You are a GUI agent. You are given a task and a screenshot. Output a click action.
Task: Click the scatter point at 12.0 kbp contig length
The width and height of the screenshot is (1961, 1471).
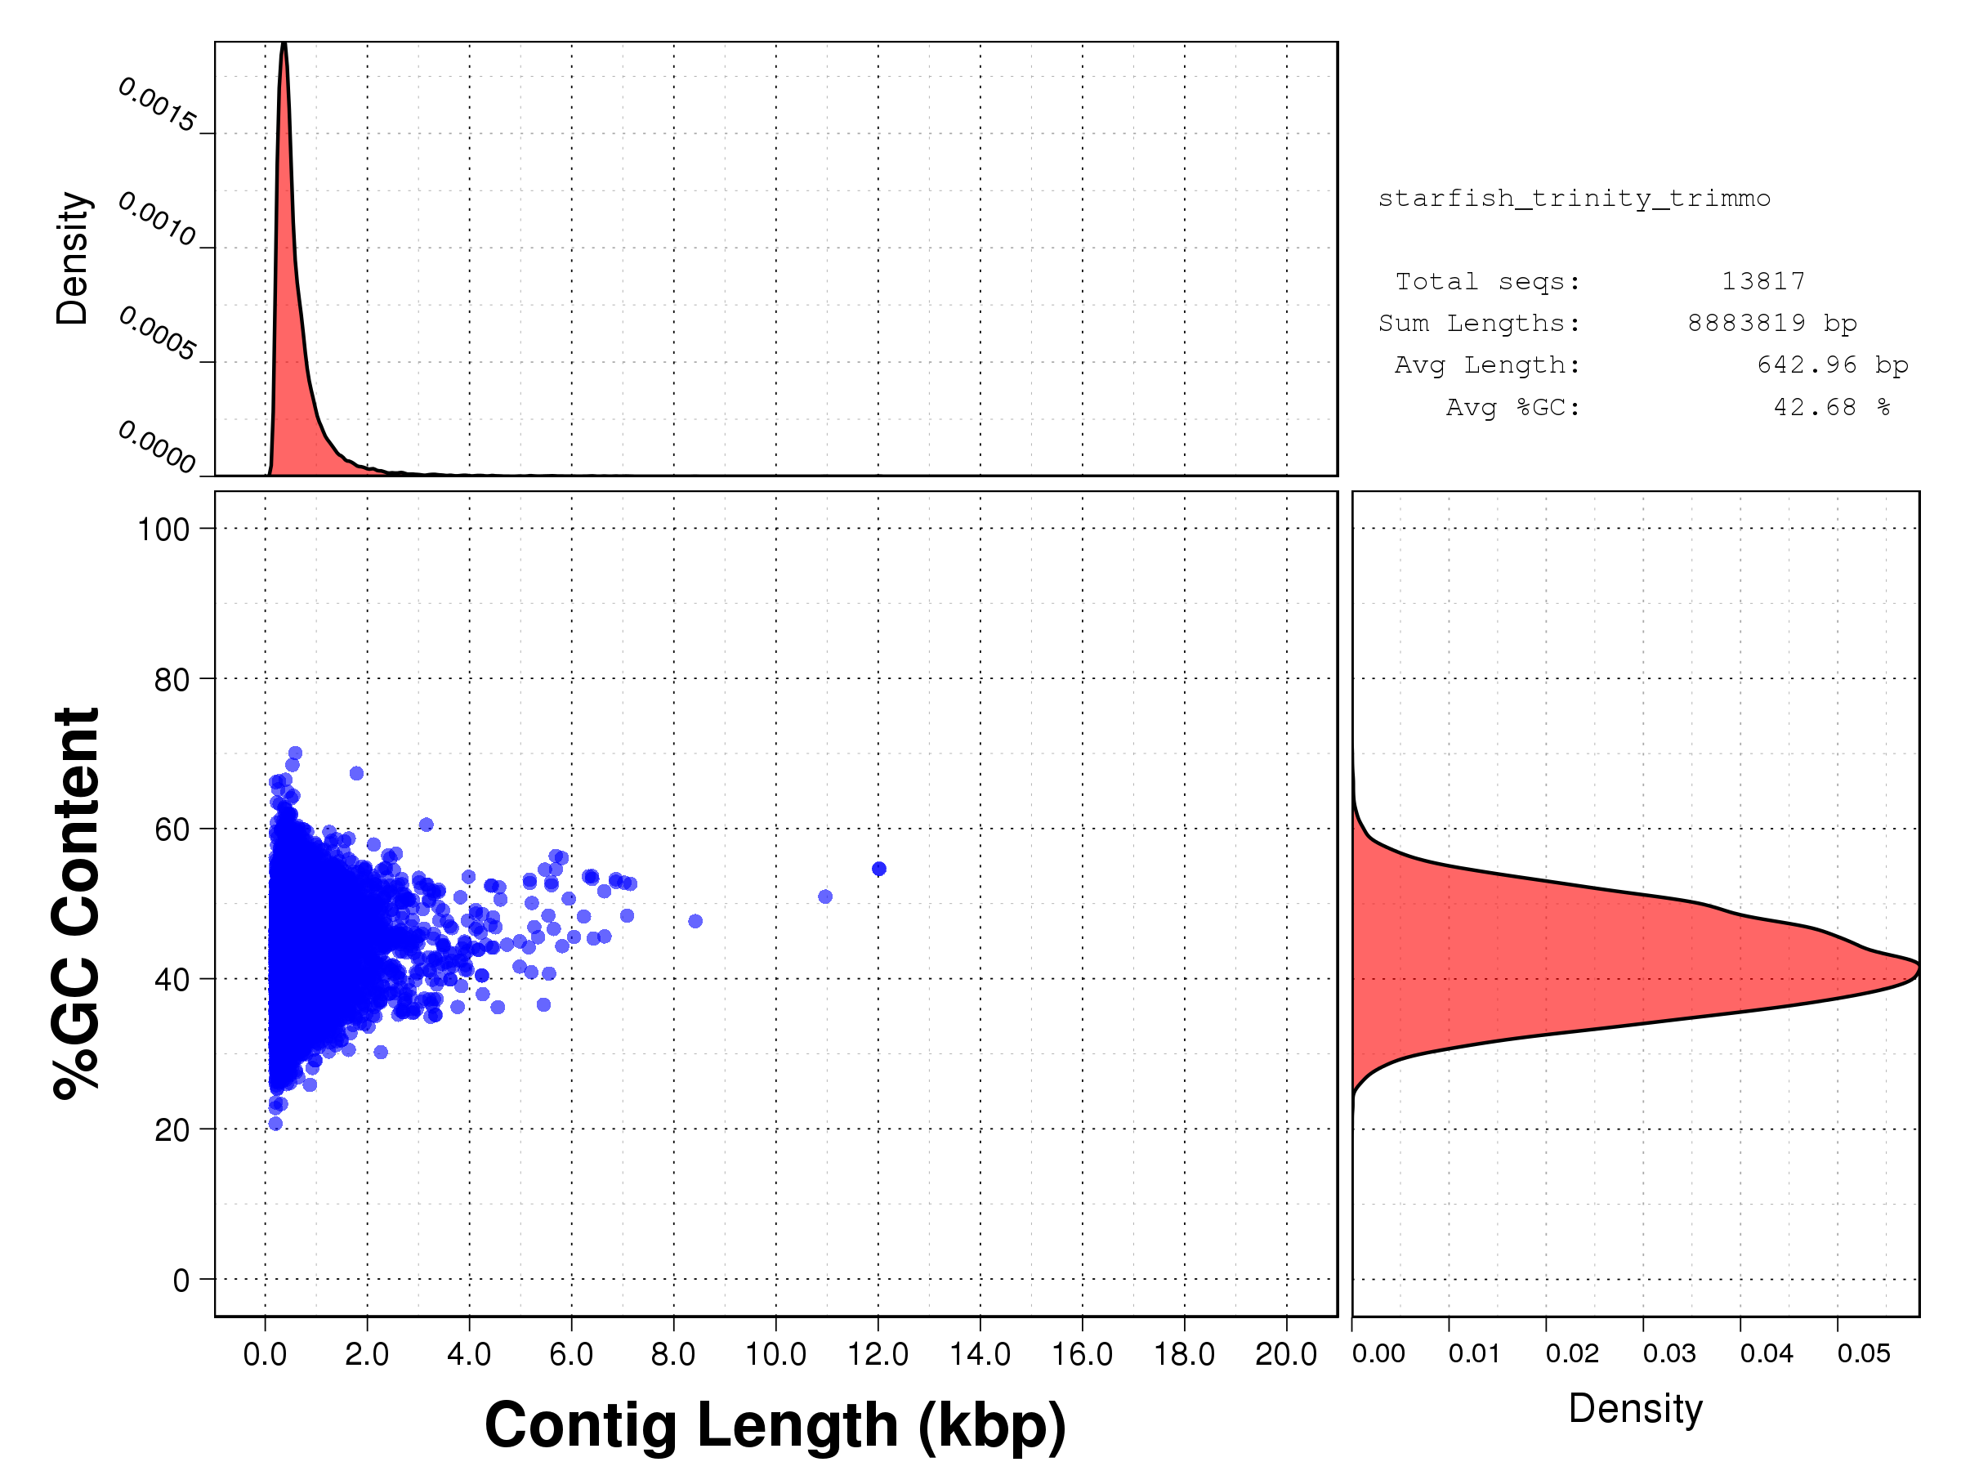coord(878,869)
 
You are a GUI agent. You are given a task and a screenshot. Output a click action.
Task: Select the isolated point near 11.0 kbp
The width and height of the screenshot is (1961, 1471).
coord(825,896)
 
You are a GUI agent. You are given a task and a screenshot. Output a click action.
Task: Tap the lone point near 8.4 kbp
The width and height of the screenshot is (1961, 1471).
coord(695,921)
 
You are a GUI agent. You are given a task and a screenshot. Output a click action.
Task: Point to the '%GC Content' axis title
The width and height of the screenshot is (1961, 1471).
coord(76,904)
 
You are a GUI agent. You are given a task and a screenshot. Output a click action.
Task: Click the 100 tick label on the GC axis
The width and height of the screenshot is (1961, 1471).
coord(163,530)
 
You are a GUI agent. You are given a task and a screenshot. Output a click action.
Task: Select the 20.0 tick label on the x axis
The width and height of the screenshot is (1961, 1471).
coord(1286,1354)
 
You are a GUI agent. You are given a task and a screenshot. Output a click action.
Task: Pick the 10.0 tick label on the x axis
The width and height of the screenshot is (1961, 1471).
coord(775,1354)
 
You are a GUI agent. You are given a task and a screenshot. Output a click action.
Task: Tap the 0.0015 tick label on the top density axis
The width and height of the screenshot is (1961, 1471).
coord(157,105)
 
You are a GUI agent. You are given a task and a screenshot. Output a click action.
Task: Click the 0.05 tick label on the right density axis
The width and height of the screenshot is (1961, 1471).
coord(1864,1353)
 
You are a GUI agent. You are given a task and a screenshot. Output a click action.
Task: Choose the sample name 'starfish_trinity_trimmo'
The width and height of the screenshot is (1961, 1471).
coord(1574,198)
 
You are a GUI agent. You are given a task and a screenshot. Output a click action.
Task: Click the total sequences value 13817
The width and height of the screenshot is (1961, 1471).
coord(1762,281)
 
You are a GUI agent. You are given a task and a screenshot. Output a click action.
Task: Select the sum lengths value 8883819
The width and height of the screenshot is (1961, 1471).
coord(1745,323)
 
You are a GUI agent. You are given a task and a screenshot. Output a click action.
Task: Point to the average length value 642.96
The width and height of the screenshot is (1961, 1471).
coord(1806,364)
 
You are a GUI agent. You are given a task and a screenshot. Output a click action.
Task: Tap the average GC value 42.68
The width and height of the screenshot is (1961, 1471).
coord(1814,407)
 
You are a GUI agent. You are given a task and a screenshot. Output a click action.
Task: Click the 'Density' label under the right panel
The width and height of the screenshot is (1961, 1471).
coord(1635,1409)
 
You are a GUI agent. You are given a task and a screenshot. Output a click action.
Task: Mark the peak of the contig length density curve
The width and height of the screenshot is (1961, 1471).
coord(284,44)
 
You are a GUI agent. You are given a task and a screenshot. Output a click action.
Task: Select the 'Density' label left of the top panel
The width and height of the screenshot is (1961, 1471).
coord(73,258)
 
